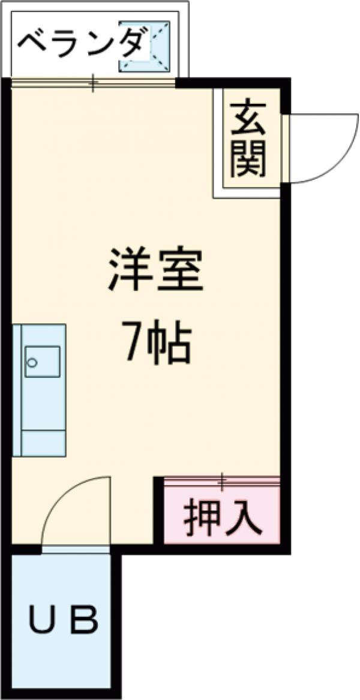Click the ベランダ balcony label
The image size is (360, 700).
pyautogui.click(x=81, y=43)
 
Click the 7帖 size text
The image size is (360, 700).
pyautogui.click(x=157, y=343)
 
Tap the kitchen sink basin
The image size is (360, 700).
pyautogui.click(x=42, y=361)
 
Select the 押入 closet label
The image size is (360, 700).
pyautogui.click(x=223, y=518)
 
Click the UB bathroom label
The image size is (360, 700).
pyautogui.click(x=63, y=622)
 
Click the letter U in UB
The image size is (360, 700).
pyautogui.click(x=42, y=622)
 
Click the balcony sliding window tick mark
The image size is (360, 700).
pyautogui.click(x=93, y=82)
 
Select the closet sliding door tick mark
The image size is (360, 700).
pyautogui.click(x=222, y=480)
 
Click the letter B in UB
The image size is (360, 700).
pyautogui.click(x=84, y=622)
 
